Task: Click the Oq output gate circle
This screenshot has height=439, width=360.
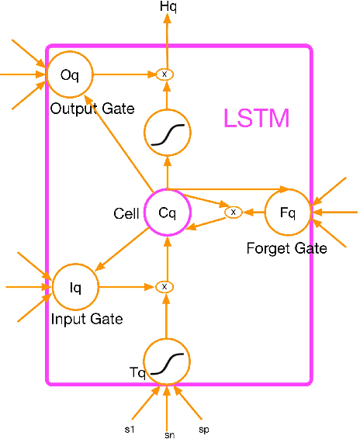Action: point(69,74)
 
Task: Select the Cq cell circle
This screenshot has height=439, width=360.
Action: point(167,213)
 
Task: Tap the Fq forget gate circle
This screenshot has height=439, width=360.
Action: point(288,213)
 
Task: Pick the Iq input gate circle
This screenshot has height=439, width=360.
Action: point(75,287)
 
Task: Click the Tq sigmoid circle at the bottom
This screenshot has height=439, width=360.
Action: point(168,361)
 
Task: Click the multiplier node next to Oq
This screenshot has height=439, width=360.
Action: point(164,74)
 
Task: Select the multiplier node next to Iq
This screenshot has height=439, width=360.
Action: point(164,287)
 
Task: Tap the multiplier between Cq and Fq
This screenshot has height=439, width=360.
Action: point(232,212)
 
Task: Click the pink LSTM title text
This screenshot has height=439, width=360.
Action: point(256,119)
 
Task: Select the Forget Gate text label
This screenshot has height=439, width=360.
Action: point(286,249)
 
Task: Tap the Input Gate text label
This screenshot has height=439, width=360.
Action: point(87,319)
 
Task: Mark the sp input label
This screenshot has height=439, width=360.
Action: point(203,428)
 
